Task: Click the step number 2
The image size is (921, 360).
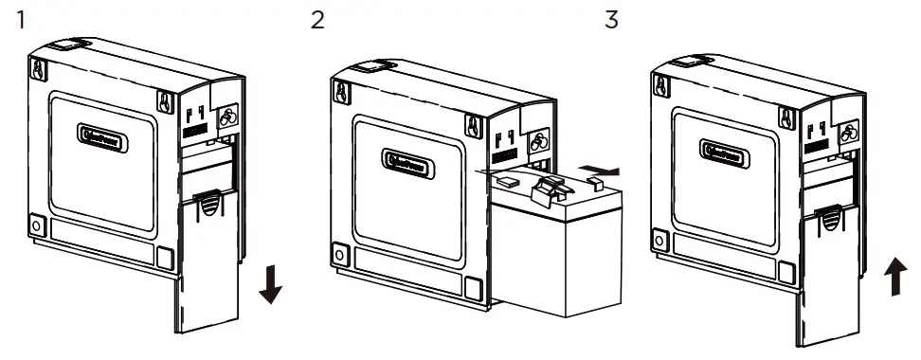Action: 316,19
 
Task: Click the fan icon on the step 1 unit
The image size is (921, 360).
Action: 227,118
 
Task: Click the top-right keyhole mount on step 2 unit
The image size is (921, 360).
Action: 471,123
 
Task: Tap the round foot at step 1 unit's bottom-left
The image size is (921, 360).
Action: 37,227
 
